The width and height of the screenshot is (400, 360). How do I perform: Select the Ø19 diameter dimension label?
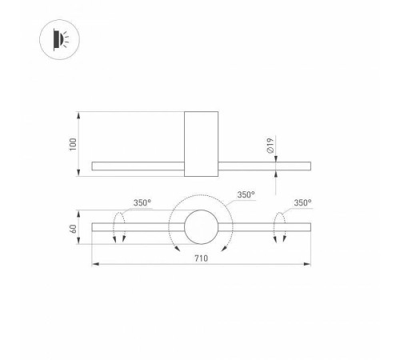[270, 146]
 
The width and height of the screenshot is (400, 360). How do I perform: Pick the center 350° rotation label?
[246, 194]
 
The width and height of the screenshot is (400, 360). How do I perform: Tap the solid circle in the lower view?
[200, 228]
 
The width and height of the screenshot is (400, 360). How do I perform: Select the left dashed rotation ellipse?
[119, 227]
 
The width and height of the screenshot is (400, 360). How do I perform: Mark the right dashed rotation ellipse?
[280, 227]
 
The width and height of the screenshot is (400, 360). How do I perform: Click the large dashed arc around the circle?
[200, 198]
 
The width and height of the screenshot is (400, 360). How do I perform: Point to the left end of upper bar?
[94, 166]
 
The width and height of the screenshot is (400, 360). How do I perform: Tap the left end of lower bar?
[94, 228]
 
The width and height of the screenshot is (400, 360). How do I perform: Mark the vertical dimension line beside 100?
[81, 144]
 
